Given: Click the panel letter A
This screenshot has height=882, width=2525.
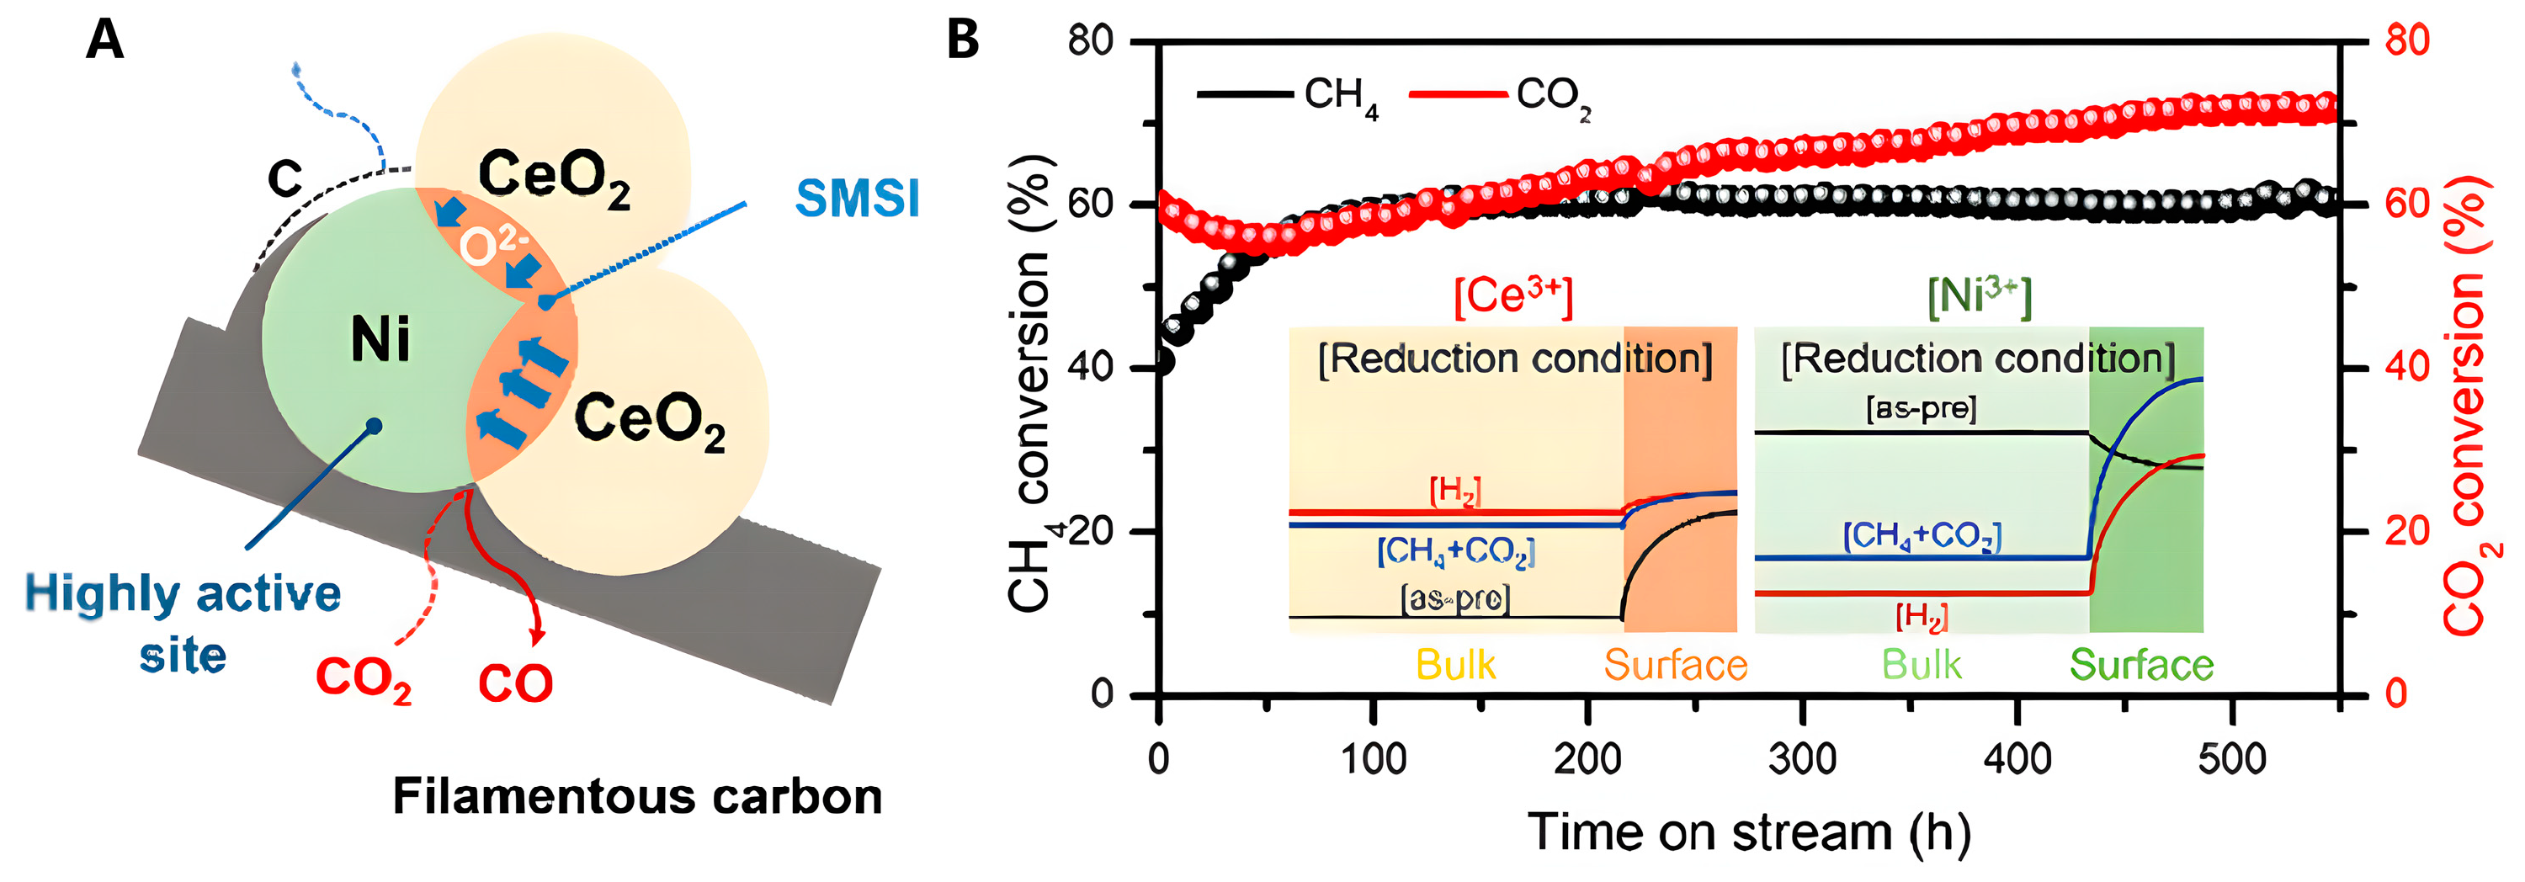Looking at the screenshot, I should click(105, 40).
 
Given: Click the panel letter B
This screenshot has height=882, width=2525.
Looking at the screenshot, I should click(963, 40).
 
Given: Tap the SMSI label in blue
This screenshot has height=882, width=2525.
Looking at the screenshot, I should click(858, 199).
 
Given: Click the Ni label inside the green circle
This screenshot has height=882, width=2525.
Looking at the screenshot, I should click(380, 340).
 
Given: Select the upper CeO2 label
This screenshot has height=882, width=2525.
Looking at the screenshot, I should click(554, 178).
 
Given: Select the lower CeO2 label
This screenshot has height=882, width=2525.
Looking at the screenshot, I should click(650, 421).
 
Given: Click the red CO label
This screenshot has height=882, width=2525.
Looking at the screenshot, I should click(516, 683).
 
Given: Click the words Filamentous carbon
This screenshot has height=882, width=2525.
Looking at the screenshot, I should click(637, 796).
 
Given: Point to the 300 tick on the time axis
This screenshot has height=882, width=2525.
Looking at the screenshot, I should click(1802, 758).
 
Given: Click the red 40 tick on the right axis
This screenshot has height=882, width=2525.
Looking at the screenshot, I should click(2406, 367).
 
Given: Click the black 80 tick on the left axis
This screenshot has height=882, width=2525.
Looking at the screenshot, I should click(1090, 41).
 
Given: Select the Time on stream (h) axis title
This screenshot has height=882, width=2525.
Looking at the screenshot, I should click(1749, 833).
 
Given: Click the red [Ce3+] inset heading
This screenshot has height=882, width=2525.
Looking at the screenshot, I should click(1512, 296).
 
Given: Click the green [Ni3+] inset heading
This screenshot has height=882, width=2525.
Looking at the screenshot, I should click(1979, 296).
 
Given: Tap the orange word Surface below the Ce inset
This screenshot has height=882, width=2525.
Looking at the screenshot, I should click(1675, 666).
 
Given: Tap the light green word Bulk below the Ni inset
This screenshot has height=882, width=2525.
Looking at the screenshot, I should click(1922, 666).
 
